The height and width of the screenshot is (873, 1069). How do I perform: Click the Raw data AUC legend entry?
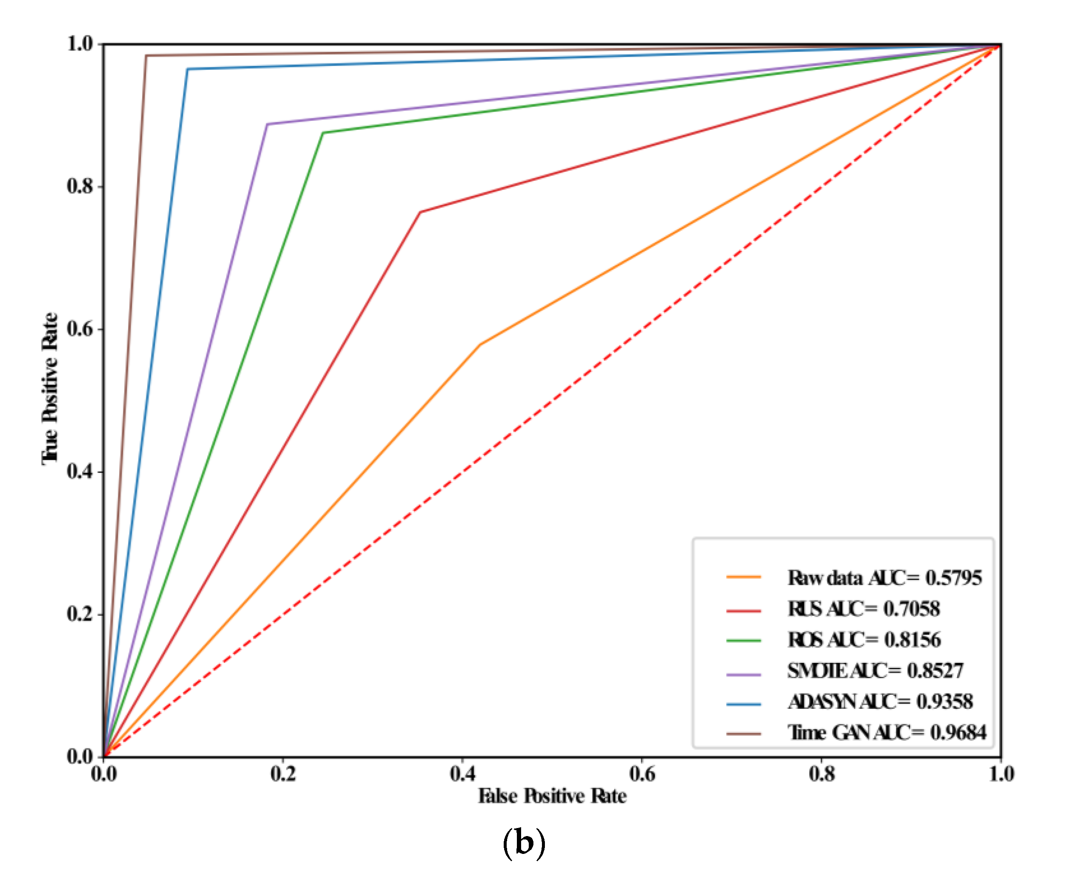(x=884, y=578)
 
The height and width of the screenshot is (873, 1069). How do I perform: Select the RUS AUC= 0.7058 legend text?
(x=863, y=609)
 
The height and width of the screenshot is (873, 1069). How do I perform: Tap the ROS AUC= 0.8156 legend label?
(x=864, y=640)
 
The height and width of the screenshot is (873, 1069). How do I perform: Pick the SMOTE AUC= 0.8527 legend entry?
(x=875, y=671)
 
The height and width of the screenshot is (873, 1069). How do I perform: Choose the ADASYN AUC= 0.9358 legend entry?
(x=880, y=702)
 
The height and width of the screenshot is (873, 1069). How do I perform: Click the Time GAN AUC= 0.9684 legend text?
(x=886, y=733)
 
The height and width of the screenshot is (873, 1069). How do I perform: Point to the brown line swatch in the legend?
(x=743, y=734)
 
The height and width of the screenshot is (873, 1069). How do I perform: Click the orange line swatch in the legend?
(x=743, y=577)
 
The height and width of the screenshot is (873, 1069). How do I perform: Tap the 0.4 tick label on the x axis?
(x=463, y=775)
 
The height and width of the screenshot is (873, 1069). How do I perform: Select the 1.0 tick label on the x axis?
(x=1001, y=775)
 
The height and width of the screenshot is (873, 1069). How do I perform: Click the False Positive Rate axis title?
(x=552, y=797)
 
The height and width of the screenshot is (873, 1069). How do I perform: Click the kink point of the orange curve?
(x=480, y=345)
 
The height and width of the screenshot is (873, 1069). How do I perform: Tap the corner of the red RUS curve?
(x=420, y=212)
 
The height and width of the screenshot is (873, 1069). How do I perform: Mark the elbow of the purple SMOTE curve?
(x=267, y=124)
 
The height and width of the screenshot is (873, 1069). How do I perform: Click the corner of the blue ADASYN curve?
(x=187, y=70)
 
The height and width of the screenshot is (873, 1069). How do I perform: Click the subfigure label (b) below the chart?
(x=524, y=843)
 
